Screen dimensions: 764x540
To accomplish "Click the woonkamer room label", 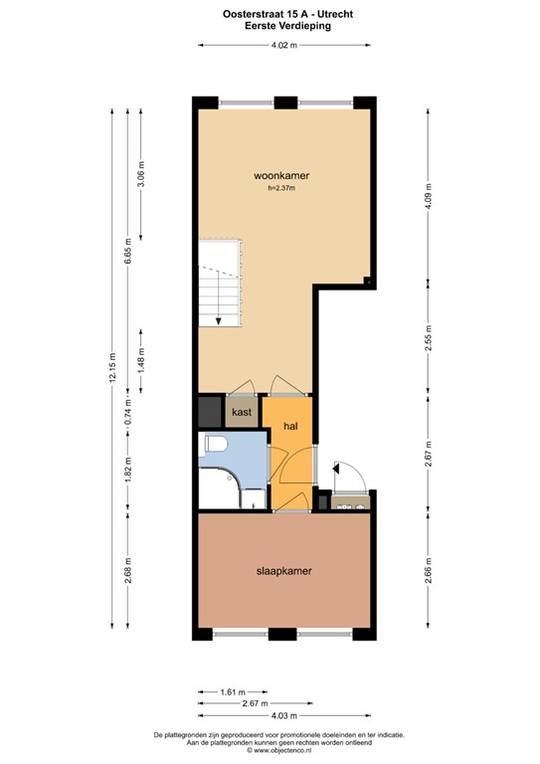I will [x=280, y=175].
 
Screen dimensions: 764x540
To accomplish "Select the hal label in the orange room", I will [x=292, y=426].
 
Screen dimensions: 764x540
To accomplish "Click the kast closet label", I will [x=242, y=411].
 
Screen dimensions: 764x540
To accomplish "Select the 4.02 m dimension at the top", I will [x=285, y=44].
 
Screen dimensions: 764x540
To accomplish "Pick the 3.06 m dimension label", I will [x=140, y=173].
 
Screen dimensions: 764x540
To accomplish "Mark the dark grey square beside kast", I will [x=210, y=411].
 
